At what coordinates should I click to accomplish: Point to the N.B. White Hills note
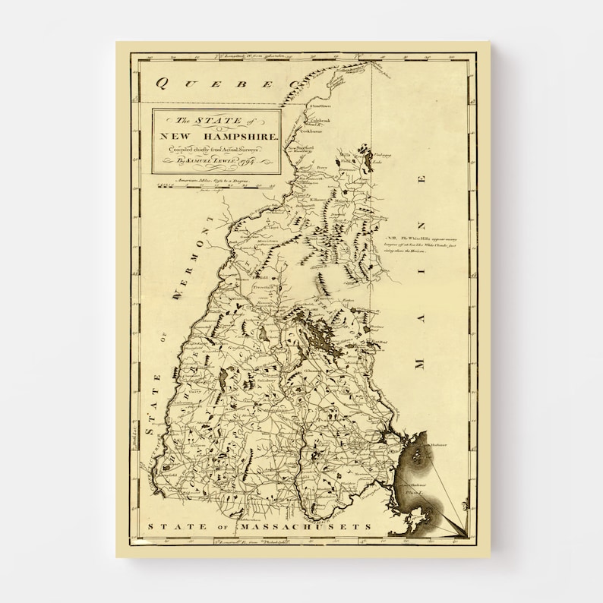(x=425, y=245)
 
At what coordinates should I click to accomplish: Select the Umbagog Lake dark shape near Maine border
(x=368, y=161)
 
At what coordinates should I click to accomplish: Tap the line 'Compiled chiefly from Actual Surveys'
(x=215, y=149)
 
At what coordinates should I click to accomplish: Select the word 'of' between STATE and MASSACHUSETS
(x=216, y=526)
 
